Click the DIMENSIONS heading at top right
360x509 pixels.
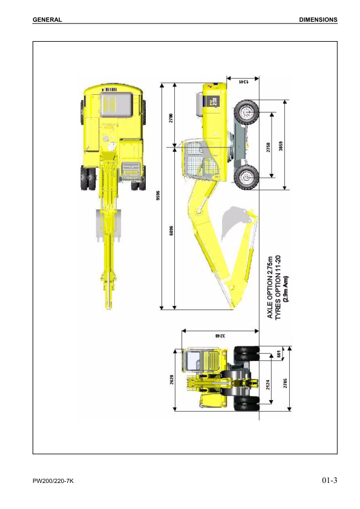[318, 19]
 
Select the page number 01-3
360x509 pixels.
[329, 481]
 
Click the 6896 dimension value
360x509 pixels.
[172, 231]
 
